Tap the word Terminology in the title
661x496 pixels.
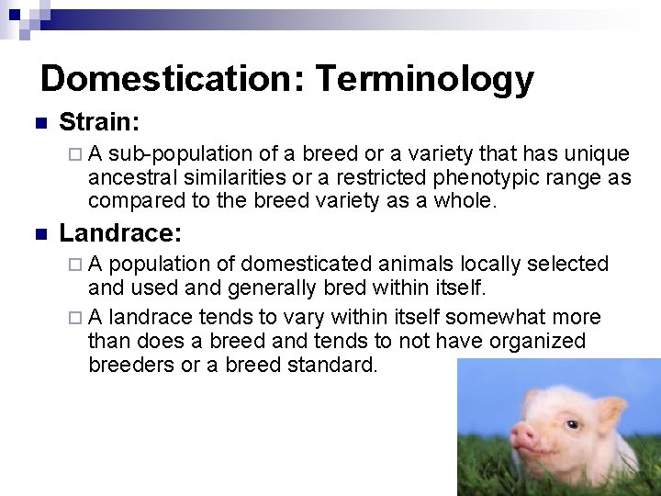[x=425, y=80]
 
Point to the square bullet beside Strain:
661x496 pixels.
[x=38, y=123]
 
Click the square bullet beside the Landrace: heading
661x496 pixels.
[x=38, y=233]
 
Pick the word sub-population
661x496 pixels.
[x=180, y=153]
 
